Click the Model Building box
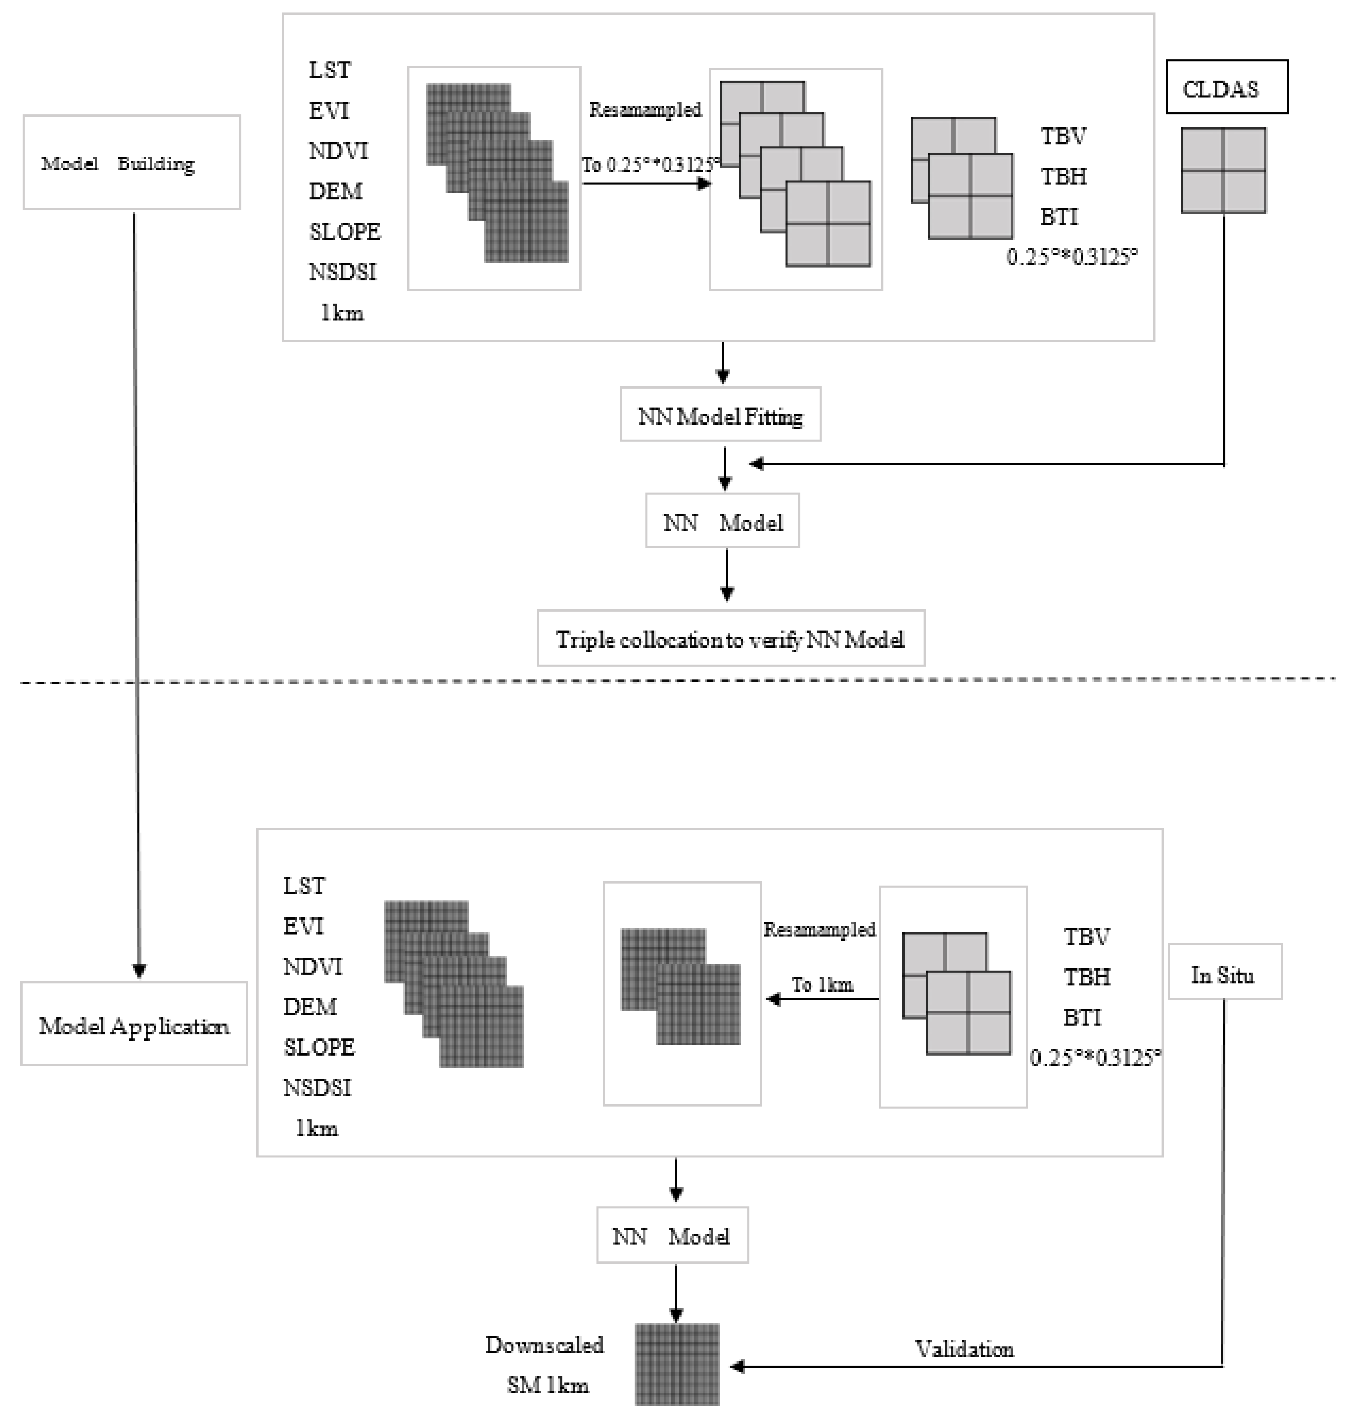tap(132, 163)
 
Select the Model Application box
tap(134, 1024)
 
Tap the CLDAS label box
tap(1227, 87)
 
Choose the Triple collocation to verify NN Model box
tap(730, 639)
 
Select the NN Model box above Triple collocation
tap(723, 521)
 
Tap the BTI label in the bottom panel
tap(1082, 1016)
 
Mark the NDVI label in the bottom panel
tap(313, 966)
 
